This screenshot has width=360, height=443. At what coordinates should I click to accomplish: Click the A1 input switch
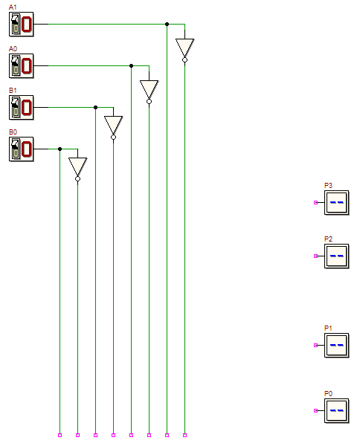[x=22, y=25]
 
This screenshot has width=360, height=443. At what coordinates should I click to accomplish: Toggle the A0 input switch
[x=22, y=66]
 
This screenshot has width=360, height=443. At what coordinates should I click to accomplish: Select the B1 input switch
[x=22, y=107]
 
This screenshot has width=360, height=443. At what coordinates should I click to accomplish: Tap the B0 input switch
[x=22, y=149]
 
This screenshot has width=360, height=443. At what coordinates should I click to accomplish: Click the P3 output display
[x=336, y=203]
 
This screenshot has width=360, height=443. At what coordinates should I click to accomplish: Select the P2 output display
[x=336, y=256]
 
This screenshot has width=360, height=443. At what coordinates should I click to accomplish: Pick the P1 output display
[x=336, y=345]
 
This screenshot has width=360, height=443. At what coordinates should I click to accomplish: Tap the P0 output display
[x=336, y=410]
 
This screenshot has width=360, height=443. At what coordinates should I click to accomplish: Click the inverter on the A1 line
[x=184, y=50]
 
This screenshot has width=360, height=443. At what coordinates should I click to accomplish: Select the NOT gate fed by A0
[x=149, y=91]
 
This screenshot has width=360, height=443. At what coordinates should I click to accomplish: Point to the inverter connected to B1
[x=113, y=126]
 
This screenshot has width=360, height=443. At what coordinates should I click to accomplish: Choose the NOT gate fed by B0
[x=78, y=169]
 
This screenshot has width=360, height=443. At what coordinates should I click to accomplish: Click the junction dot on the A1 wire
[x=167, y=25]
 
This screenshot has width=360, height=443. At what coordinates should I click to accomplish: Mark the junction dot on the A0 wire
[x=131, y=66]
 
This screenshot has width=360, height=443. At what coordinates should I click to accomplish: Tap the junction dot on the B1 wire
[x=96, y=107]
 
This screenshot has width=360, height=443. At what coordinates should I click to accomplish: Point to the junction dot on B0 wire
[x=60, y=149]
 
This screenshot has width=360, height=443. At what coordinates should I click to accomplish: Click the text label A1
[x=13, y=7]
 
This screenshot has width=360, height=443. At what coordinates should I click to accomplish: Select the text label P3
[x=328, y=186]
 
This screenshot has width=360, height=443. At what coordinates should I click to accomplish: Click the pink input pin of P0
[x=315, y=410]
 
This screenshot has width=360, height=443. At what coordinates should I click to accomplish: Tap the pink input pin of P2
[x=315, y=256]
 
